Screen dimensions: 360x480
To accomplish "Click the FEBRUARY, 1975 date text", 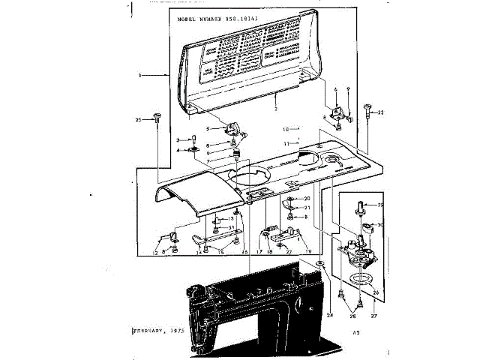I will [160, 330].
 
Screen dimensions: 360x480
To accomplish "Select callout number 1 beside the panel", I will [140, 76].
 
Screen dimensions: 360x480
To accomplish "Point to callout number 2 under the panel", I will [275, 109].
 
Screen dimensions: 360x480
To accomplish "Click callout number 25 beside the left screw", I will [138, 120].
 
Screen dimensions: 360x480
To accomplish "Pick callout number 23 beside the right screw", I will [380, 113].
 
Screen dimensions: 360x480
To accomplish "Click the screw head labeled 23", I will [368, 107].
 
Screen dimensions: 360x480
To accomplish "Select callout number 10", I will [285, 129].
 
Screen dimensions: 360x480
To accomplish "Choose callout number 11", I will [285, 142].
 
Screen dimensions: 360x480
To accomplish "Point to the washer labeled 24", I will [320, 264].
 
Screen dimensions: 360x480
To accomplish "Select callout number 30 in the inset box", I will [380, 224].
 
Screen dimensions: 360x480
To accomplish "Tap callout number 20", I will [306, 198].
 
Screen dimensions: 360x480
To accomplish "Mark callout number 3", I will [178, 140].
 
